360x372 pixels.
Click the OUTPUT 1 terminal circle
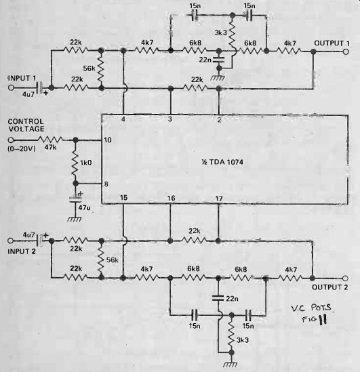346,51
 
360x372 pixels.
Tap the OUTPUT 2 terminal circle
346,278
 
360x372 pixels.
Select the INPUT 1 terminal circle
11,87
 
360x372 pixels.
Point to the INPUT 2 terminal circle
10,241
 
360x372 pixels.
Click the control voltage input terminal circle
11,140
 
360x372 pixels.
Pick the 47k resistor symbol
50,140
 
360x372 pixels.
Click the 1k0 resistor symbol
75,162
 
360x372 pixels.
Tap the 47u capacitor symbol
75,198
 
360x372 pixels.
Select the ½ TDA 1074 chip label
222,162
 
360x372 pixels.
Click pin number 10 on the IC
108,140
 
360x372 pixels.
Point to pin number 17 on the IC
219,198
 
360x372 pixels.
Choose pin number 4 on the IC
123,119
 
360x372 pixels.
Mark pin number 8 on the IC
106,184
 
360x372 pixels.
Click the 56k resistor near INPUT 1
101,69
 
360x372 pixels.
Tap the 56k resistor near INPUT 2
101,259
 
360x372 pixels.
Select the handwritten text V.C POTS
311,308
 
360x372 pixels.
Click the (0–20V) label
22,149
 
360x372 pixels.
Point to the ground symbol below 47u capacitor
75,220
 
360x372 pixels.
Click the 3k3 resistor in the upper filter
232,33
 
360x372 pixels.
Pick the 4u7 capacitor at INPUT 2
41,241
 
